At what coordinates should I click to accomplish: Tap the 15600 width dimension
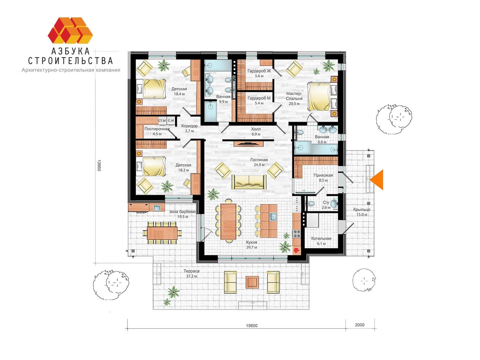coord(252,332)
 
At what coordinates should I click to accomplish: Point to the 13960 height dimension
coord(99,166)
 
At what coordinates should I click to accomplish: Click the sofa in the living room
coord(249,182)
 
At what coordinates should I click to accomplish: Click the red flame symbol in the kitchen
coord(296,250)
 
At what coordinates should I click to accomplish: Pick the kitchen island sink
coord(272,217)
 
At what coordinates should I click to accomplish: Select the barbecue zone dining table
coord(162,233)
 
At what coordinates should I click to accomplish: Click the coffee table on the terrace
coord(252,282)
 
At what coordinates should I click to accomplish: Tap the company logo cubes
coord(70,30)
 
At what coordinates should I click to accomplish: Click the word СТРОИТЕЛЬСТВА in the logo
coord(71,61)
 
